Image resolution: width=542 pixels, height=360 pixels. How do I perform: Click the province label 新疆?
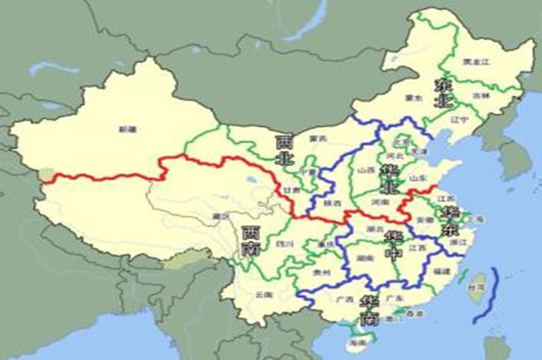128,129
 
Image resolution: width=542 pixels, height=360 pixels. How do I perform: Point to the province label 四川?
284,244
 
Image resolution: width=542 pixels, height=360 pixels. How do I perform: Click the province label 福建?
440,272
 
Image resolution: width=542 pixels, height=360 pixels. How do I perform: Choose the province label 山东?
418,179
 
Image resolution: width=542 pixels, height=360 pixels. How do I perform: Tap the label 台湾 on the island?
477,288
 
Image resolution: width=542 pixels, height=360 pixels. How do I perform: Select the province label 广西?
346,300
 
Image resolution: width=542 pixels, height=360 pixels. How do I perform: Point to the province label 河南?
379,202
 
